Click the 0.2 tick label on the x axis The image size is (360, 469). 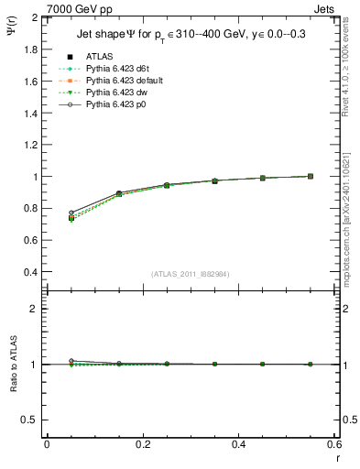tap(142, 443)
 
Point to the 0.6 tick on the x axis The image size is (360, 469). tap(334, 443)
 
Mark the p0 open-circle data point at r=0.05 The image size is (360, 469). tap(71, 213)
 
